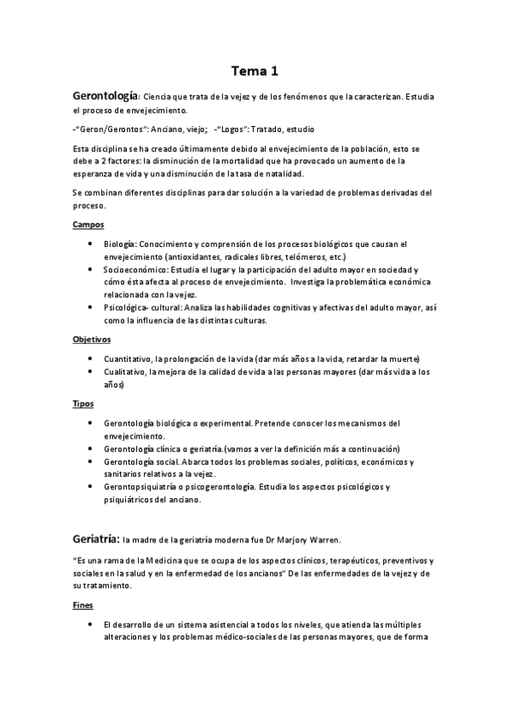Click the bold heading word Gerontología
click(x=106, y=96)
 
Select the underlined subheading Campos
click(x=89, y=225)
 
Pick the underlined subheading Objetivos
click(x=92, y=339)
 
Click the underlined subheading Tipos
click(x=83, y=403)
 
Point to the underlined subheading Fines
click(x=83, y=606)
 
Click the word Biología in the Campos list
click(x=120, y=244)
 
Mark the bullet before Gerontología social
click(x=91, y=461)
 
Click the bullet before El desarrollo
click(x=91, y=625)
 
